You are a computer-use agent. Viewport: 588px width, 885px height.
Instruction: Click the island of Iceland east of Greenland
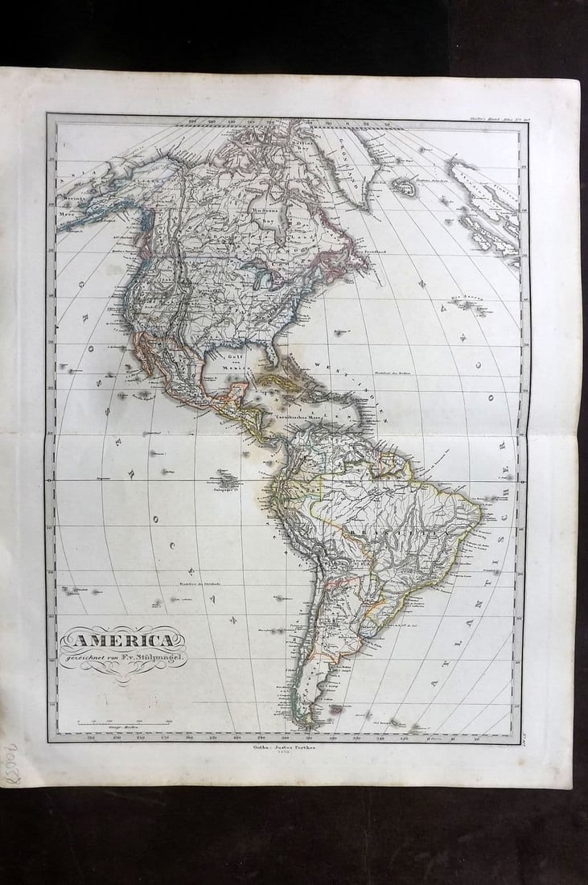(x=403, y=186)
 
